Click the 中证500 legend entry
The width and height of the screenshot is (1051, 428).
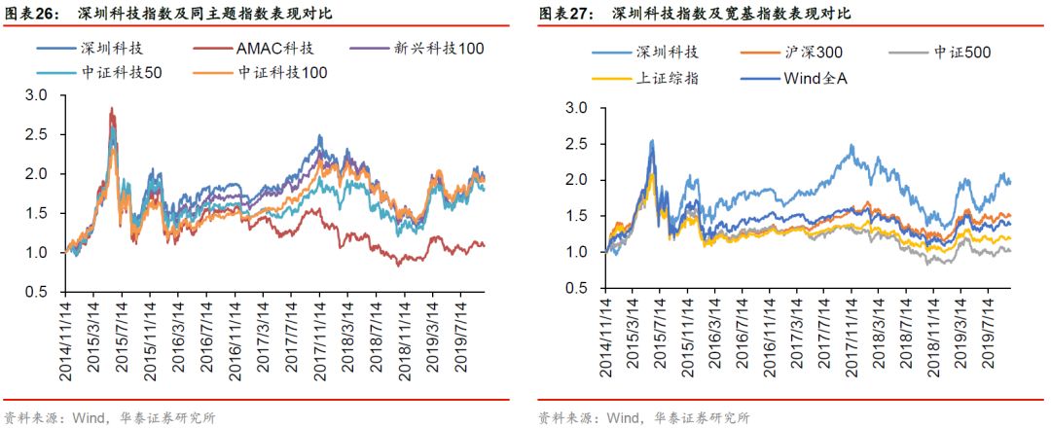tap(935, 53)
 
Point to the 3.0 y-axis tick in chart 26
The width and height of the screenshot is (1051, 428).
tap(36, 94)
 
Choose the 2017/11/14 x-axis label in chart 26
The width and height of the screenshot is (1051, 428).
tap(318, 345)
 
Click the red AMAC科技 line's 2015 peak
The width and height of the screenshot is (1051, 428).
tap(112, 109)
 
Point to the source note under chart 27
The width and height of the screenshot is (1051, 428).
tap(643, 418)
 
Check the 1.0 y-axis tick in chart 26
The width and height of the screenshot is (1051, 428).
tap(36, 252)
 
